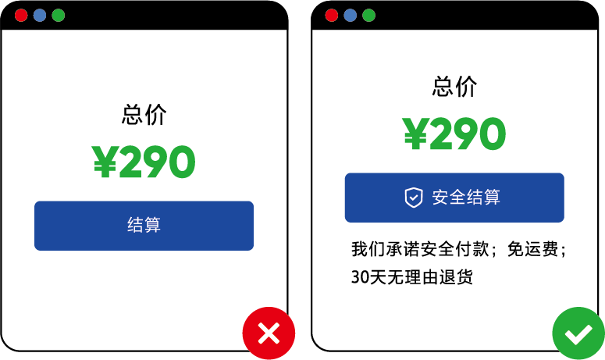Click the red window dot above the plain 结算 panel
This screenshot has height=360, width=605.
pyautogui.click(x=21, y=16)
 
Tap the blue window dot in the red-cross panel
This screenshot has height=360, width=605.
pyautogui.click(x=40, y=16)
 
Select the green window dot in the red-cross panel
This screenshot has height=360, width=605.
pyautogui.click(x=59, y=16)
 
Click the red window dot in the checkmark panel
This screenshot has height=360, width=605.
pyautogui.click(x=332, y=16)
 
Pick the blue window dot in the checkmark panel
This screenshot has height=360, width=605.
pyautogui.click(x=351, y=16)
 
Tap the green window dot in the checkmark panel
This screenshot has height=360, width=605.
pyautogui.click(x=369, y=16)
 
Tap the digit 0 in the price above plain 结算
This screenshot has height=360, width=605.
pyautogui.click(x=181, y=163)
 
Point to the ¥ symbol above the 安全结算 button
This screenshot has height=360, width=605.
pyautogui.click(x=416, y=135)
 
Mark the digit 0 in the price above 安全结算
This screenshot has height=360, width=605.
pyautogui.click(x=492, y=135)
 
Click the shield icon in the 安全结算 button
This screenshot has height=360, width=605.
pyautogui.click(x=413, y=198)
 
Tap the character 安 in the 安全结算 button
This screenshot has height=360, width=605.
pyautogui.click(x=440, y=198)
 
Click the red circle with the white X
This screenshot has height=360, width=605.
pyautogui.click(x=269, y=333)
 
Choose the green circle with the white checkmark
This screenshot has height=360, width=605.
pyautogui.click(x=578, y=333)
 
